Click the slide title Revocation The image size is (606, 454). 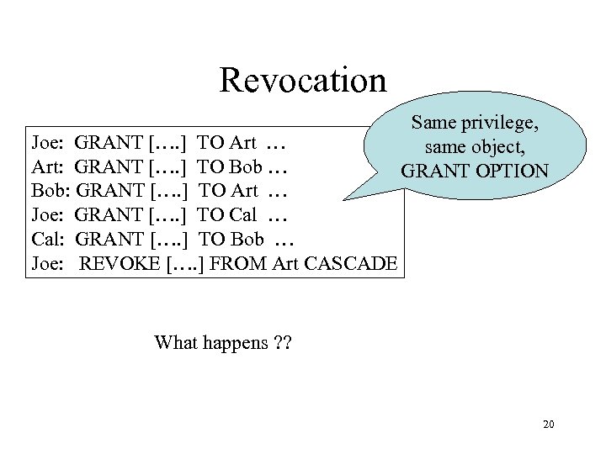[303, 81]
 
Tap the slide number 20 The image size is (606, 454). [548, 425]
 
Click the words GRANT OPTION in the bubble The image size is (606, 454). [475, 172]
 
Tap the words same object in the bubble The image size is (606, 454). [475, 147]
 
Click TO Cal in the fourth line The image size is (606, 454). [227, 215]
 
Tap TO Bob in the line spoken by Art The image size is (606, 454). [229, 166]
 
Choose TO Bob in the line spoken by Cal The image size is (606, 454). [229, 240]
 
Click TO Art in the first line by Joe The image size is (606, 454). [227, 142]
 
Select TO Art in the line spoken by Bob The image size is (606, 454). [227, 191]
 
